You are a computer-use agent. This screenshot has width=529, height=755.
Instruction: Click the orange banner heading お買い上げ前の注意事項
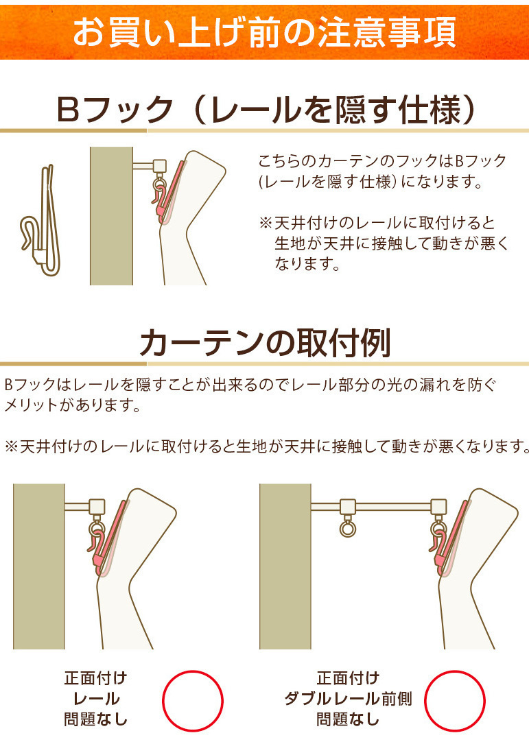tap(264, 32)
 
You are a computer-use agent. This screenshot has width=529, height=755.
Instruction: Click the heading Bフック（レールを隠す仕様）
tap(266, 110)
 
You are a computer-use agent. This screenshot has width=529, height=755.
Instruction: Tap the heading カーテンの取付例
tap(265, 343)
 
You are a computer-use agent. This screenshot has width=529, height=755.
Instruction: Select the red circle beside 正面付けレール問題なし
tap(193, 701)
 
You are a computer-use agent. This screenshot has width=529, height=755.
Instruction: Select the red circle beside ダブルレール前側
tap(455, 701)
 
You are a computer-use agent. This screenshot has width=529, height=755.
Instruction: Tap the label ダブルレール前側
tap(348, 699)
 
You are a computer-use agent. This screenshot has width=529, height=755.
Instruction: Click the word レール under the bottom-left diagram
tap(96, 699)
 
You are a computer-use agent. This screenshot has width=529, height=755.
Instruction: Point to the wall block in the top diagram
tap(111, 216)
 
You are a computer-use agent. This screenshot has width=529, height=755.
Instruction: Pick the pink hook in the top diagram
tap(165, 193)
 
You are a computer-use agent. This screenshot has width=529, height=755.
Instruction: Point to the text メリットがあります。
tap(72, 405)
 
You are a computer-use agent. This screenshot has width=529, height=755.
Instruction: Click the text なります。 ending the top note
tap(307, 264)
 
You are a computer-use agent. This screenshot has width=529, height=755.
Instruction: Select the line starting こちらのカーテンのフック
tap(382, 160)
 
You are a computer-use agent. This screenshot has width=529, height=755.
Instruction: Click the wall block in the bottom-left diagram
tap(38, 566)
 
